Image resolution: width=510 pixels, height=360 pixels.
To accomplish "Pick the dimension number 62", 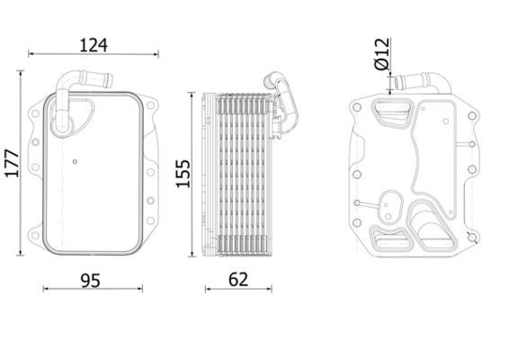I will click(237, 281).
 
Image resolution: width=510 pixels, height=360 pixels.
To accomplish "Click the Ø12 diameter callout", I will click(380, 53).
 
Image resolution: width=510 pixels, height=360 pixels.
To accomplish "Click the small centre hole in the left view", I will click(75, 162).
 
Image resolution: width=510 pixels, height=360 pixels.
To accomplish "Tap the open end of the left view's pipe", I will click(109, 79).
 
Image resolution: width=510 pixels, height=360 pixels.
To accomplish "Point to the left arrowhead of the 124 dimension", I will click(32, 54).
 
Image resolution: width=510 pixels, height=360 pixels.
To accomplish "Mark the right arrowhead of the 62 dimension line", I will click(270, 288).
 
